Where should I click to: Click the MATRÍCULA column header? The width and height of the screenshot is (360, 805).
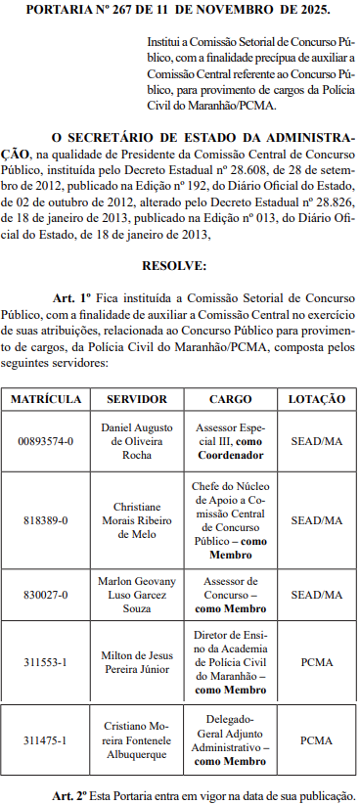click(x=46, y=399)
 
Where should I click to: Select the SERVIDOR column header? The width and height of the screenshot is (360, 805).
click(x=137, y=399)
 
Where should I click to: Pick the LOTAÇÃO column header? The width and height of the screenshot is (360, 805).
click(x=317, y=399)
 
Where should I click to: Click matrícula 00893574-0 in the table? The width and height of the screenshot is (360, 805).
click(x=46, y=441)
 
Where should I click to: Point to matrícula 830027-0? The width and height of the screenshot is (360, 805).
click(x=46, y=594)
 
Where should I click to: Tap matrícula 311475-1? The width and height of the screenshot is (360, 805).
click(x=46, y=740)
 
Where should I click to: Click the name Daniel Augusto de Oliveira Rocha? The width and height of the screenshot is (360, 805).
click(x=137, y=441)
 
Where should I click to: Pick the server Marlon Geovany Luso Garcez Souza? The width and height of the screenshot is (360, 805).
click(x=137, y=594)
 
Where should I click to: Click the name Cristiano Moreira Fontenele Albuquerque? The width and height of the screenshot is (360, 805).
click(x=137, y=740)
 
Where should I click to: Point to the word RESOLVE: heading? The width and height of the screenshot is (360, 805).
click(x=174, y=265)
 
